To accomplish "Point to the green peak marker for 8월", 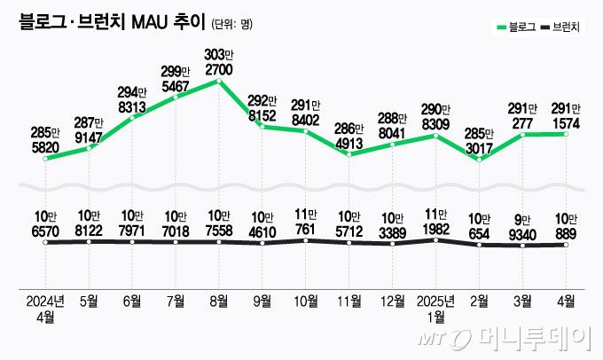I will click(218, 82).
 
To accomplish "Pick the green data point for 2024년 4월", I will click(45, 159).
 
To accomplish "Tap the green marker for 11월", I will click(348, 154).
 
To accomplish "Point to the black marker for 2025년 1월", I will click(435, 239).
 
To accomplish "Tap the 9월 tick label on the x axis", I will click(262, 300).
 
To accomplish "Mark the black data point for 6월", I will click(132, 242).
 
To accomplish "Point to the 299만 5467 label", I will click(176, 79).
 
